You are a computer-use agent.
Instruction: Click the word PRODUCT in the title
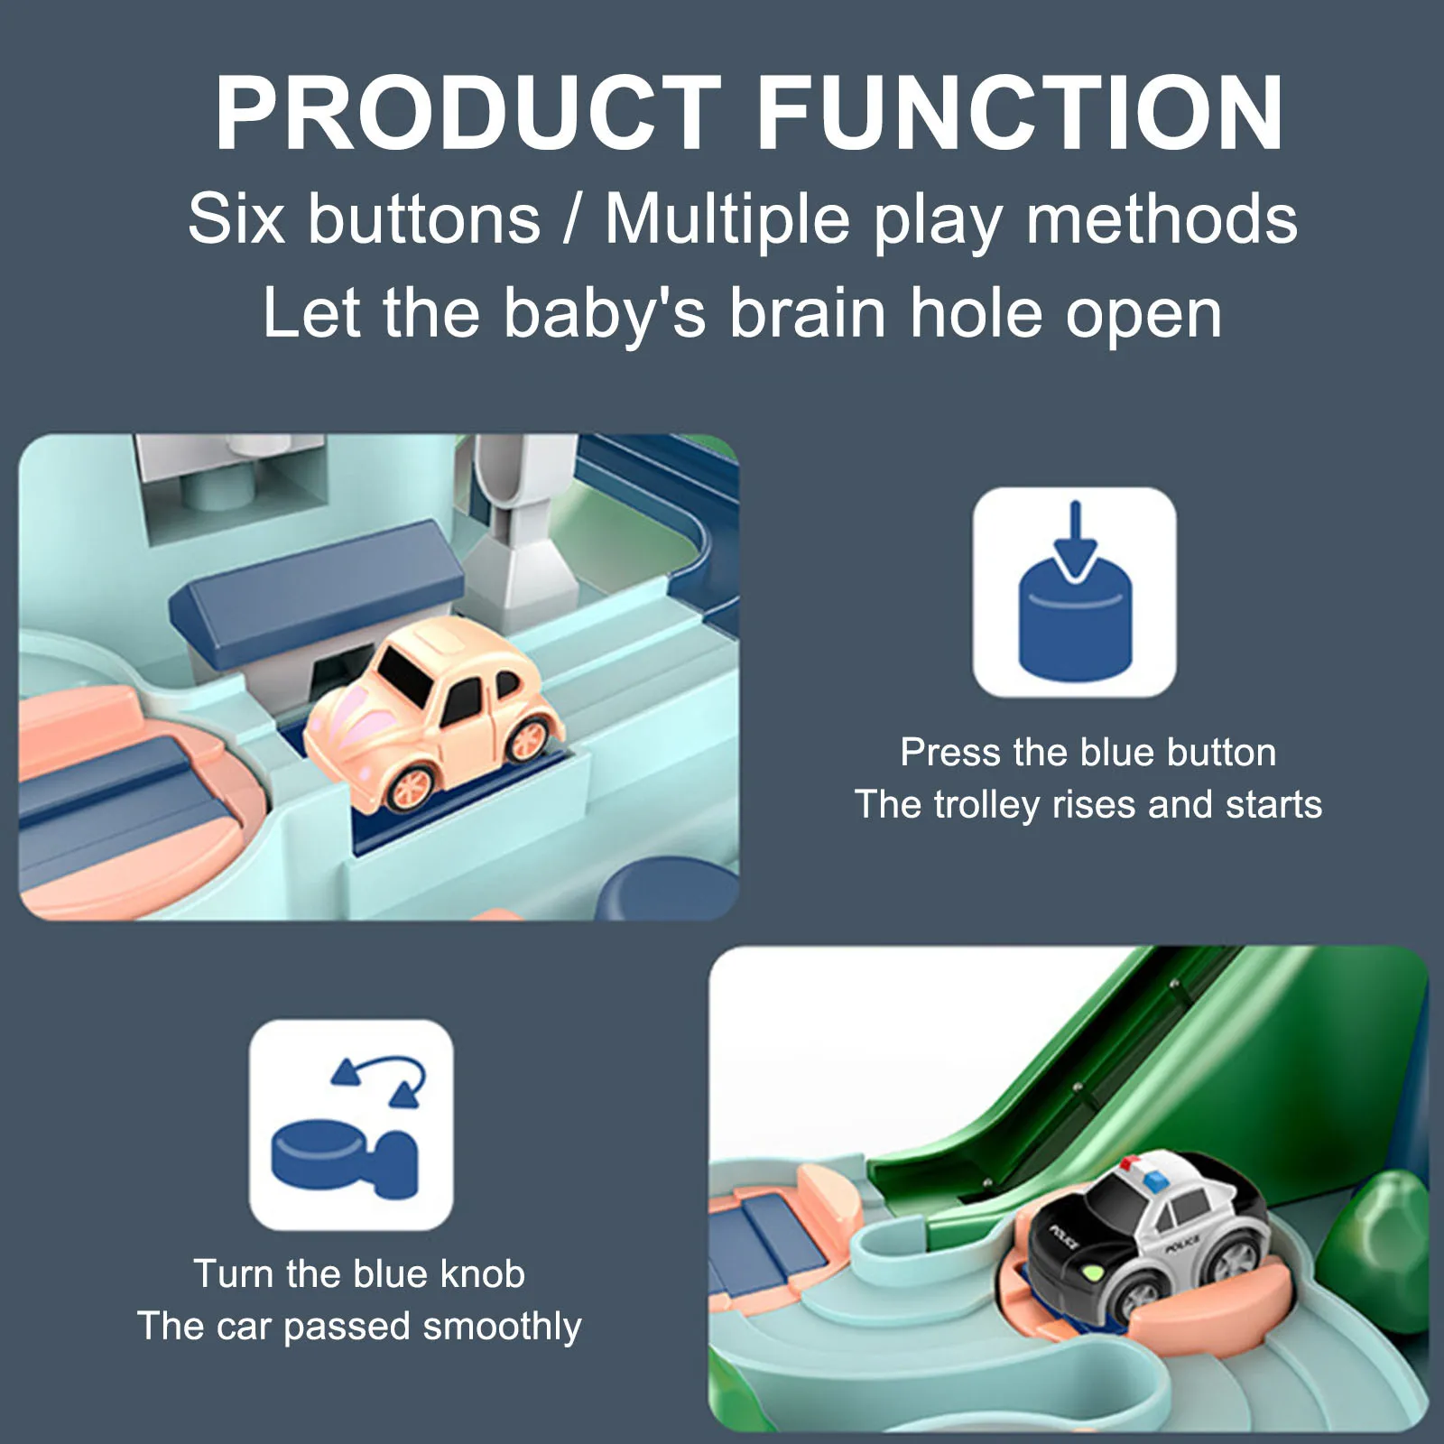click(x=467, y=113)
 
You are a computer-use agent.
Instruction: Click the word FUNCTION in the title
click(x=1021, y=113)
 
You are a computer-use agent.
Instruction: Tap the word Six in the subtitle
click(x=236, y=219)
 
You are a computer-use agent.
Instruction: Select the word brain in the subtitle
click(x=808, y=313)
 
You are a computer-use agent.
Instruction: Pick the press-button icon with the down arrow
click(x=1074, y=592)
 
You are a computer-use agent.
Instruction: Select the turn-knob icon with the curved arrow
click(x=351, y=1125)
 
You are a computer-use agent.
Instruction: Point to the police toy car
click(x=1149, y=1237)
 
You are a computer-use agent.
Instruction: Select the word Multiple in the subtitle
click(x=727, y=219)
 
